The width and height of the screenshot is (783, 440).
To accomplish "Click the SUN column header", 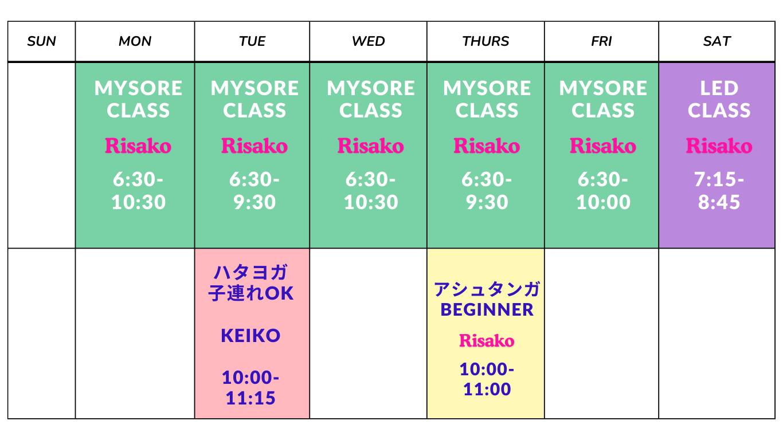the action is click(42, 41).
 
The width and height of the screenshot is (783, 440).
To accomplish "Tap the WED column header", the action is click(369, 41).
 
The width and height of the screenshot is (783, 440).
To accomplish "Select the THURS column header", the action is click(486, 41).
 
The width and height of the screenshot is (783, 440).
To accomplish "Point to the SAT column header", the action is click(717, 41).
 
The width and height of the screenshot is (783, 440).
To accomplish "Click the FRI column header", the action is click(602, 41).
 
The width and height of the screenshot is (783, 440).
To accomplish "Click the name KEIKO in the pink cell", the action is click(250, 336).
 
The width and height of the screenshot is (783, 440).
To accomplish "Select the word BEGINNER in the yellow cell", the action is click(487, 309).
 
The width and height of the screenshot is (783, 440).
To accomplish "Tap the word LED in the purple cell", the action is click(719, 88).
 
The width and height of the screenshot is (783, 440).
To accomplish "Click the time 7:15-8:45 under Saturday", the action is click(719, 190).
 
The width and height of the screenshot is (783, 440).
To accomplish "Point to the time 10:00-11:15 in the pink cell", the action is click(250, 387).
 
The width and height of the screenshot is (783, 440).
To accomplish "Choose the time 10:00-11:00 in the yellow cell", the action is click(487, 379).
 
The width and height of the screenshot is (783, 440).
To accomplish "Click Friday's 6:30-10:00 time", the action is click(603, 190).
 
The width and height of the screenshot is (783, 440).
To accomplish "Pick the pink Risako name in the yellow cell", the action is click(487, 340).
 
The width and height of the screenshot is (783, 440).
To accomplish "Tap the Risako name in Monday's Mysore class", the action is click(138, 146).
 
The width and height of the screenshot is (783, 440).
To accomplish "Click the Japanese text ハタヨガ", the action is click(250, 272).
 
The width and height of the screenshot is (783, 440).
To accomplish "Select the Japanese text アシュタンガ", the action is click(487, 289).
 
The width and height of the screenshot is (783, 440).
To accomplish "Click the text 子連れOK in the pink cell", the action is click(250, 293).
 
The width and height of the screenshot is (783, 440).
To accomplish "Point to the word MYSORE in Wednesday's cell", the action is click(370, 88).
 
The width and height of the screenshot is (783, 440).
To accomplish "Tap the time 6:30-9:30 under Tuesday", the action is click(255, 190).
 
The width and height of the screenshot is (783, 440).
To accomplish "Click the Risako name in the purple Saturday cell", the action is click(719, 146).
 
